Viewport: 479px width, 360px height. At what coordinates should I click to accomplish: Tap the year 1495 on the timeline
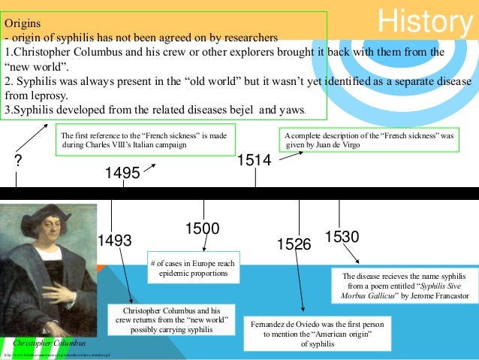(122, 174)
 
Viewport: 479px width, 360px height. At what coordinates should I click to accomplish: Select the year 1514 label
(254, 159)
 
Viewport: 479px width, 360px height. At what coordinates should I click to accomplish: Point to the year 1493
(114, 241)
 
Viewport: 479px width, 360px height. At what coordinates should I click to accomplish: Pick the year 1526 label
(294, 244)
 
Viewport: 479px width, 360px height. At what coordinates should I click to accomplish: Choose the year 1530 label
(342, 237)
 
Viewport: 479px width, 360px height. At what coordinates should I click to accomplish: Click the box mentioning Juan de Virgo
(370, 139)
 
